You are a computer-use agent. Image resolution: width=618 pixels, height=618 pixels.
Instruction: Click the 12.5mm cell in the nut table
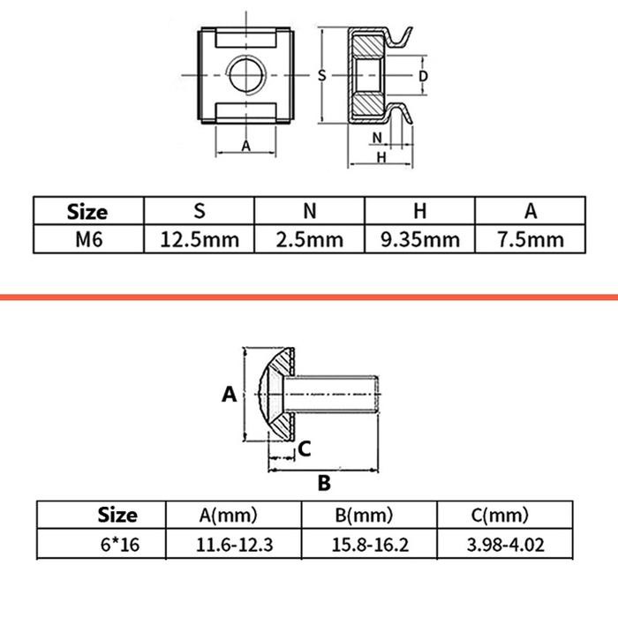point(200,239)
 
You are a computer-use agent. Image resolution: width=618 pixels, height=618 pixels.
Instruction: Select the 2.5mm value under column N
point(310,239)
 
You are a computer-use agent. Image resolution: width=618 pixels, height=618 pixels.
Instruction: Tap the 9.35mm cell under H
point(420,239)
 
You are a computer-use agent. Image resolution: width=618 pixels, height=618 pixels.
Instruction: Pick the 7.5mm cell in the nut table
point(531,239)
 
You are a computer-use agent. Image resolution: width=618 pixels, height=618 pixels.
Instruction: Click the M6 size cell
point(89,239)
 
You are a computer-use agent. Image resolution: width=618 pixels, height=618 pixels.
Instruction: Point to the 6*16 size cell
point(120,545)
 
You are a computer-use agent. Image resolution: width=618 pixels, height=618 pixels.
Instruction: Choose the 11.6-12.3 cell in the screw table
point(234,545)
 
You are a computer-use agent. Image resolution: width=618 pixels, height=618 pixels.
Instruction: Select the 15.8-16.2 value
point(370,545)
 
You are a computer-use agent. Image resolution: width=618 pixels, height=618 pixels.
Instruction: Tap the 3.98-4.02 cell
point(506,545)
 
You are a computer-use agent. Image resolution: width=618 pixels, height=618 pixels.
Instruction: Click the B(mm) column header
point(364,515)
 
